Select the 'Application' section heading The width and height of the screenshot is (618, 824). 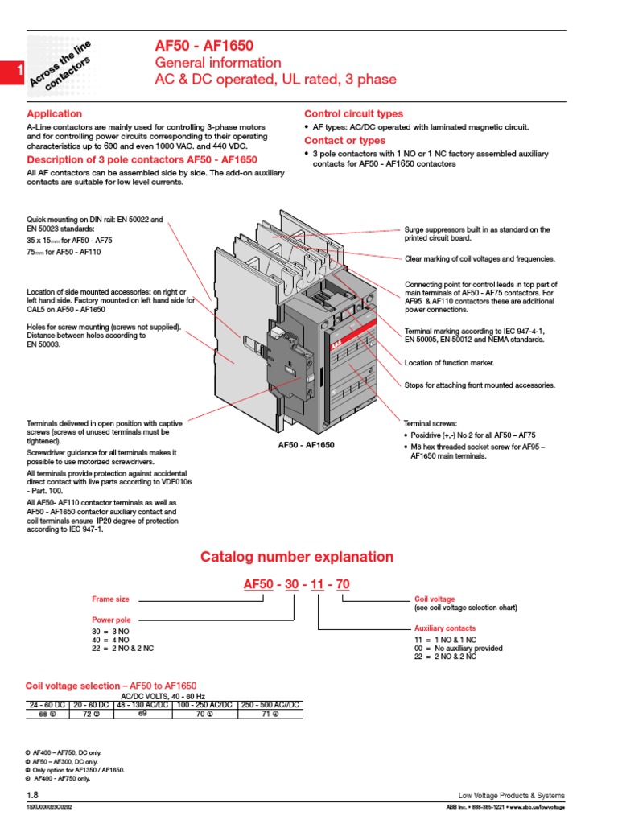[55, 114]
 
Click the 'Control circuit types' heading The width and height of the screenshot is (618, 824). [353, 114]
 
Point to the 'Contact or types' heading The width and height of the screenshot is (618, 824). [344, 141]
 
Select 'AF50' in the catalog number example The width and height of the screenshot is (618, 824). [257, 585]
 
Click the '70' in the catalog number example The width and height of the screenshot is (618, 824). [343, 585]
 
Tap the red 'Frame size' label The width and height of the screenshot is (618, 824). [111, 599]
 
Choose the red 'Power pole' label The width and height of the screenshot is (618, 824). [112, 620]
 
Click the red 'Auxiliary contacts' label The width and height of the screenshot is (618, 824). [444, 628]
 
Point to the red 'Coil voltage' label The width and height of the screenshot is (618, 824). [434, 599]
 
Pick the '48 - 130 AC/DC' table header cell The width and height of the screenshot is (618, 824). [142, 705]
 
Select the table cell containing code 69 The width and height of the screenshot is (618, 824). [142, 714]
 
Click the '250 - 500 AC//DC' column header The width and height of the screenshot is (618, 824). [270, 705]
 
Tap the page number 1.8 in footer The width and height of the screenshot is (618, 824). [33, 795]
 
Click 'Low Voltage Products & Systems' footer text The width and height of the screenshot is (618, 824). [511, 795]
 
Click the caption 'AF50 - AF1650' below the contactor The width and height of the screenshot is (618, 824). [307, 445]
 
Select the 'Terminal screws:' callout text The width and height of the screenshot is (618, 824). [430, 422]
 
